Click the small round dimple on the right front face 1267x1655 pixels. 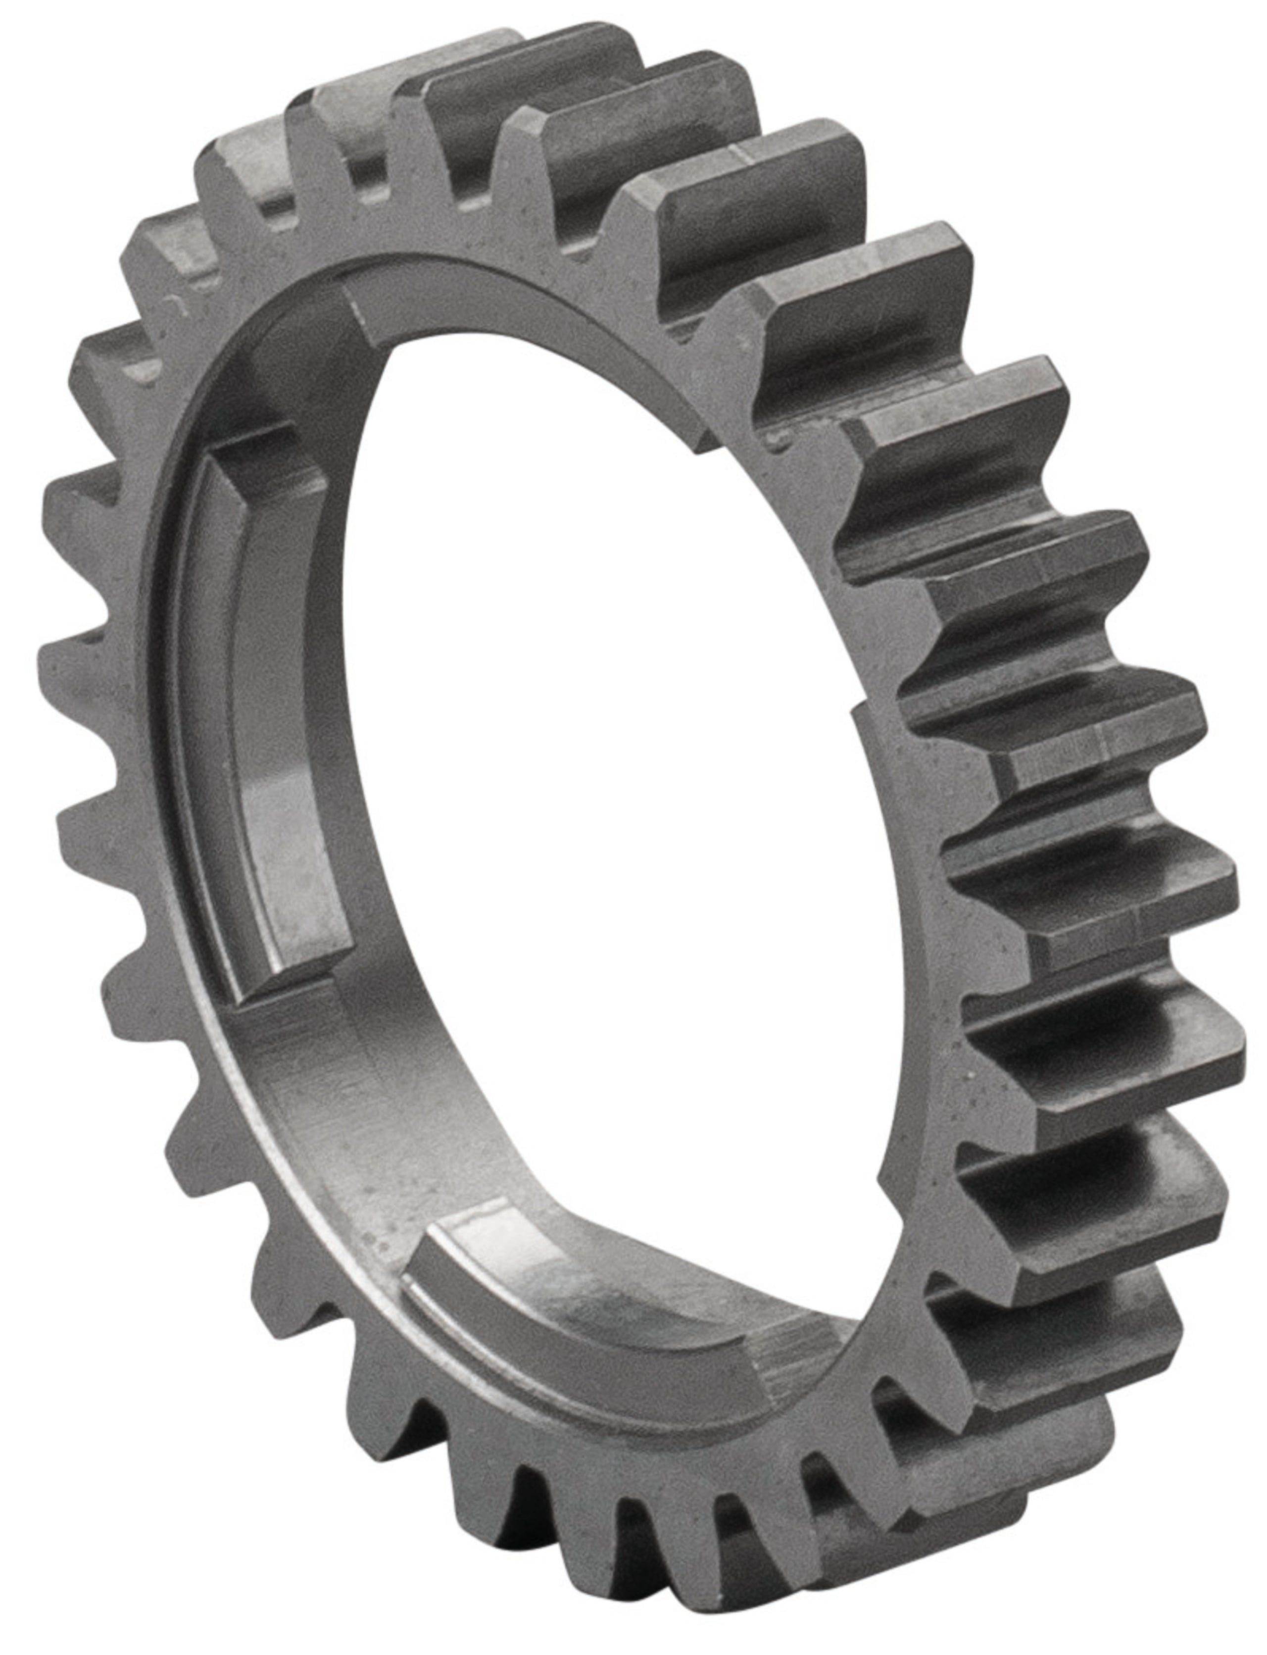pos(777,438)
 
